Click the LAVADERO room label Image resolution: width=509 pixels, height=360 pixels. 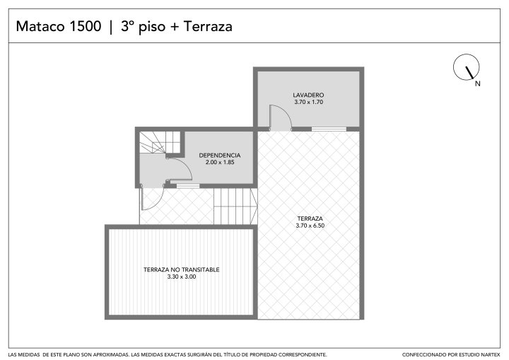point(308,95)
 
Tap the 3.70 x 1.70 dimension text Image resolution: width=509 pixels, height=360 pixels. point(309,102)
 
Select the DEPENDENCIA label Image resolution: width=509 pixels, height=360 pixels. point(220,156)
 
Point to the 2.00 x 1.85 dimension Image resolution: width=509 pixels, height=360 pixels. point(220,162)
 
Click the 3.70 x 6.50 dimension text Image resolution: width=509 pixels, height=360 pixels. point(310,226)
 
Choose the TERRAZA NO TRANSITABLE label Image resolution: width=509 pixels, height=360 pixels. point(182,269)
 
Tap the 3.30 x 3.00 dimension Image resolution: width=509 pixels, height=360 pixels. point(182,277)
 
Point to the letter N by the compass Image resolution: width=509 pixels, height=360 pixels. point(477,83)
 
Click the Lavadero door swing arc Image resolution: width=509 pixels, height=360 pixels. point(286,111)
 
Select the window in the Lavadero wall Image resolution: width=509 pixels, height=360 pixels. point(329,129)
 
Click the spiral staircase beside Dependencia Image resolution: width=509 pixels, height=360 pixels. point(160,142)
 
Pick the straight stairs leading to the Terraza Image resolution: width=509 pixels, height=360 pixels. point(235,206)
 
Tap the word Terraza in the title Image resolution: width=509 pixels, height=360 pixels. point(208,26)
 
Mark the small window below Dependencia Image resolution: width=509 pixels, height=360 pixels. point(188,186)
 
